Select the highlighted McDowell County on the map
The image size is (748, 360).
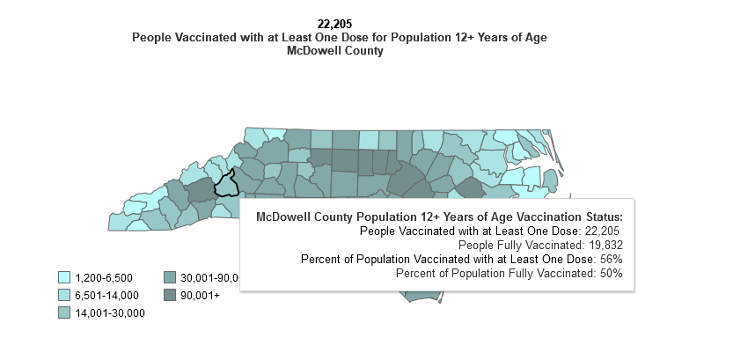228,183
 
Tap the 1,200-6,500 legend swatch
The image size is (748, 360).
64,277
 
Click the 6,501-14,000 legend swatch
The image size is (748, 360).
64,295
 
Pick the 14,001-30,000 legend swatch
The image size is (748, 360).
64,312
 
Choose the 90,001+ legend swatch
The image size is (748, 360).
170,295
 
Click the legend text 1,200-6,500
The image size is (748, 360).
104,277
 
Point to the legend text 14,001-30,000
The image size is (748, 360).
109,312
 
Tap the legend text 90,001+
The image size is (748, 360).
201,295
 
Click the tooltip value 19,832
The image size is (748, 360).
603,245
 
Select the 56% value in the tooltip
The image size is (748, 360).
612,259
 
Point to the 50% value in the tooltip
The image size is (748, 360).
612,274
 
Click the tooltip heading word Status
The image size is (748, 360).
601,217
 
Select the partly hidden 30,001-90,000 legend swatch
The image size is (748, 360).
170,277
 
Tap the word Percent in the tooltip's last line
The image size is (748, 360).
416,274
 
